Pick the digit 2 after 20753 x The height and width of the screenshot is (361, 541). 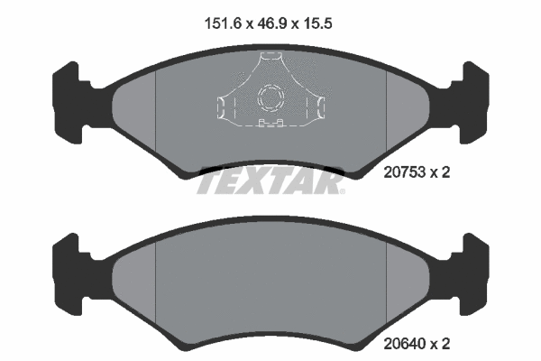445,171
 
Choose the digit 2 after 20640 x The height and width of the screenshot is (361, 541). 445,343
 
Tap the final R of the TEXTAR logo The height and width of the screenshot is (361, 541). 331,184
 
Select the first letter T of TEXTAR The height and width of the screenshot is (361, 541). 208,184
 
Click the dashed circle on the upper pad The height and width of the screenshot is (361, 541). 270,97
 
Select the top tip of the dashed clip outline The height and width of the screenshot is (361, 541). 270,56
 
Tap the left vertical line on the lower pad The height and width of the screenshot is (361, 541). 156,284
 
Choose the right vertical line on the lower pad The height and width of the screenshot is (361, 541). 386,284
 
